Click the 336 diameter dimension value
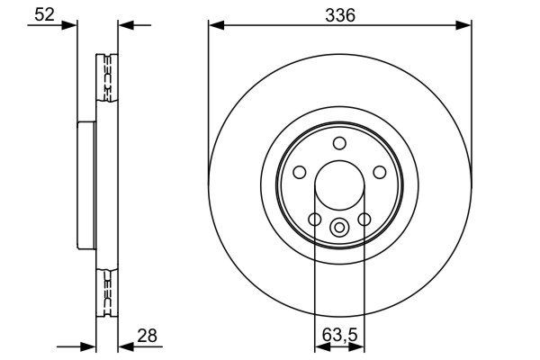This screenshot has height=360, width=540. click(339, 14)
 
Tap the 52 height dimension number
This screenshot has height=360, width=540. click(42, 13)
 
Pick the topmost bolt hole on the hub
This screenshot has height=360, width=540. click(339, 143)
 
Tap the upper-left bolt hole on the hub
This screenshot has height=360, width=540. click(299, 173)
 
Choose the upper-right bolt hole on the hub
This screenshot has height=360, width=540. click(380, 173)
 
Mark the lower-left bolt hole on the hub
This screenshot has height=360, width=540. click(314, 220)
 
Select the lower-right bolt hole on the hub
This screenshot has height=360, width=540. click(364, 220)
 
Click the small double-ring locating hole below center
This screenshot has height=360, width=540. click(339, 228)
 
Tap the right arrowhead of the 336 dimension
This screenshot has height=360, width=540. click(465, 25)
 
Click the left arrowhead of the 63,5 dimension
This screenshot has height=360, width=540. click(319, 346)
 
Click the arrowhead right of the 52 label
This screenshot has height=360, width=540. click(72, 25)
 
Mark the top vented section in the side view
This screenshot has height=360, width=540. click(105, 79)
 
